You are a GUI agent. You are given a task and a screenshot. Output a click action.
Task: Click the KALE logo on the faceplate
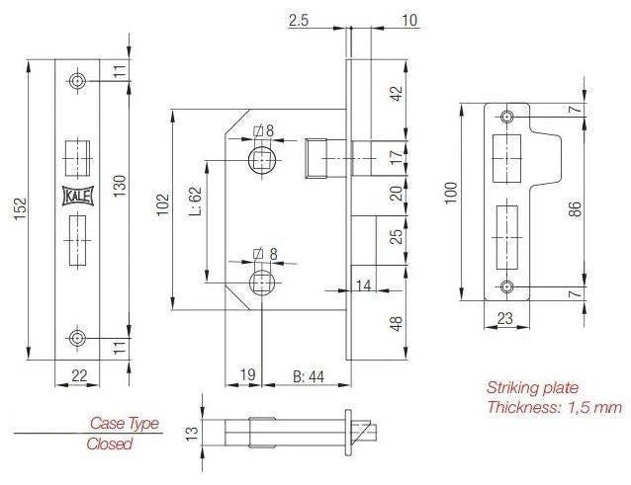[x=77, y=197]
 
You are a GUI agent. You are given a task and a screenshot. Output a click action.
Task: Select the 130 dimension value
[x=120, y=186]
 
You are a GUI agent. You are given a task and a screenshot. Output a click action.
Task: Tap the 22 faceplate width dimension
[x=79, y=375]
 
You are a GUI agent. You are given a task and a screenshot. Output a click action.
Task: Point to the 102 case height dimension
[x=163, y=204]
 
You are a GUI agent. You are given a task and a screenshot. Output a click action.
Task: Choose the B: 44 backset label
[x=309, y=376]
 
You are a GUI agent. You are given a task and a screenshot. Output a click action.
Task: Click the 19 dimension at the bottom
[x=247, y=374]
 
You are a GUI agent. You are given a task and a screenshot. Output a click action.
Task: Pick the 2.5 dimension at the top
[x=299, y=20]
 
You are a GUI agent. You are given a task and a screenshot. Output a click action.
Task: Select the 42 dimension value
[x=397, y=93]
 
